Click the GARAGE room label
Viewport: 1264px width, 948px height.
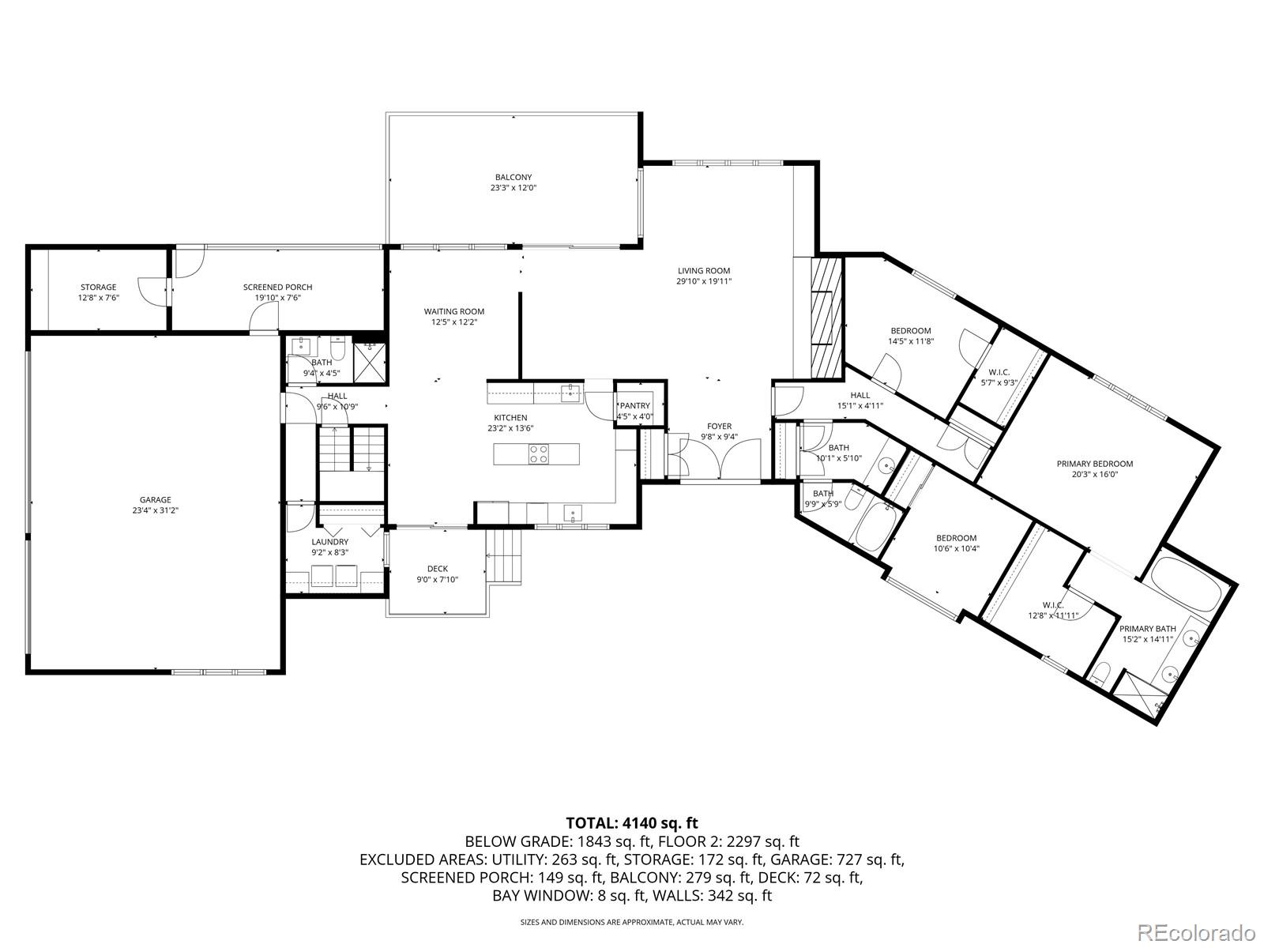156,499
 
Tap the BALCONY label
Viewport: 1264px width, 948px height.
513,177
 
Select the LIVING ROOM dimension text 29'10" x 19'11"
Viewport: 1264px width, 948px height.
704,281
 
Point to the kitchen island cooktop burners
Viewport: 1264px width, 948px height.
539,454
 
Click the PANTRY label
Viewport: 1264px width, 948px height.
634,406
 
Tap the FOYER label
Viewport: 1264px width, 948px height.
719,427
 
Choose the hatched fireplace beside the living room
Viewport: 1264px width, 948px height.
827,317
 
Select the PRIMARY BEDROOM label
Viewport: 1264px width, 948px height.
1095,464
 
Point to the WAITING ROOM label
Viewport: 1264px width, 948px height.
454,311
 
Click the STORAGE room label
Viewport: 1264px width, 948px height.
99,288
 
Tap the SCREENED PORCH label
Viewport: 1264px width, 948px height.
277,288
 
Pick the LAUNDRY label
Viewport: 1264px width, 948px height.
330,542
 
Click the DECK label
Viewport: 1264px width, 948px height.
438,569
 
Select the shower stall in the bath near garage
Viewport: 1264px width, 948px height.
370,363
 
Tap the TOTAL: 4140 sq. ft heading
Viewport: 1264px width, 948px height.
632,823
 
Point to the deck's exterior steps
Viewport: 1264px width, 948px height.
504,556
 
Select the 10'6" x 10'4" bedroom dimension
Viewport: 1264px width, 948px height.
957,548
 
